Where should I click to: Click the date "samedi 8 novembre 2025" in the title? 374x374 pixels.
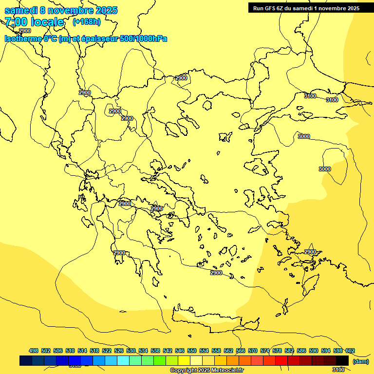[61, 10]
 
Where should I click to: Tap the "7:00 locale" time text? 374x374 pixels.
[34, 22]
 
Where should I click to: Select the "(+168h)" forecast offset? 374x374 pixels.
[87, 21]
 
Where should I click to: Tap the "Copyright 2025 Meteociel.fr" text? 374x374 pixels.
[206, 371]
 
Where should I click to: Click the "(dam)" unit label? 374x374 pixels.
[360, 361]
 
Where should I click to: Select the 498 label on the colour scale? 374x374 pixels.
[34, 351]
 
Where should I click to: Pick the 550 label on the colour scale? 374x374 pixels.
[192, 351]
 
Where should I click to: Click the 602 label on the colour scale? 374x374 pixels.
[350, 351]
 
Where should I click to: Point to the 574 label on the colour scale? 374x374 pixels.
[265, 351]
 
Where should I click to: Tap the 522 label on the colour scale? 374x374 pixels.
[107, 351]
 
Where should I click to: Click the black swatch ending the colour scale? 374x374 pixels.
[342, 361]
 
